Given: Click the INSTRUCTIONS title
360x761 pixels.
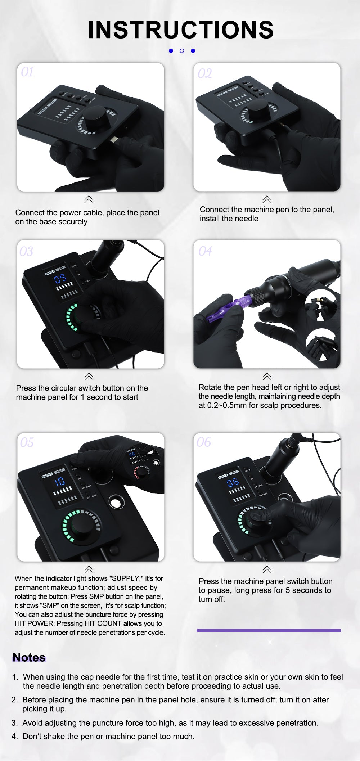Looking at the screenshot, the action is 181,30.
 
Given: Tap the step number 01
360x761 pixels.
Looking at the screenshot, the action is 27,72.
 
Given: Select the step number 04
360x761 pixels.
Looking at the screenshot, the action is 205,251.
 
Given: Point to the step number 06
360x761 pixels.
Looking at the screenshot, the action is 204,442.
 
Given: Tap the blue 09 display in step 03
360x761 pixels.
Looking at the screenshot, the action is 60,278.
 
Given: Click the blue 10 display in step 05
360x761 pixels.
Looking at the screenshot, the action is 60,482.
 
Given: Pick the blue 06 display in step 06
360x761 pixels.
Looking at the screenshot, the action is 233,482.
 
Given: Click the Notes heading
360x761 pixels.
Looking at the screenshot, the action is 29,658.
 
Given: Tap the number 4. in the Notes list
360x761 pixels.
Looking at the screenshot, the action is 15,737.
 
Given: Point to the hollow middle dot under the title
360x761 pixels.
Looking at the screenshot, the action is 182,51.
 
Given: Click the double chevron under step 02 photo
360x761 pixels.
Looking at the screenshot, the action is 267,199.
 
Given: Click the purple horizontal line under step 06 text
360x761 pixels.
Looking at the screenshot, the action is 269,630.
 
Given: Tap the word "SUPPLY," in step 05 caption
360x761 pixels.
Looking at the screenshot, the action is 126,578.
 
